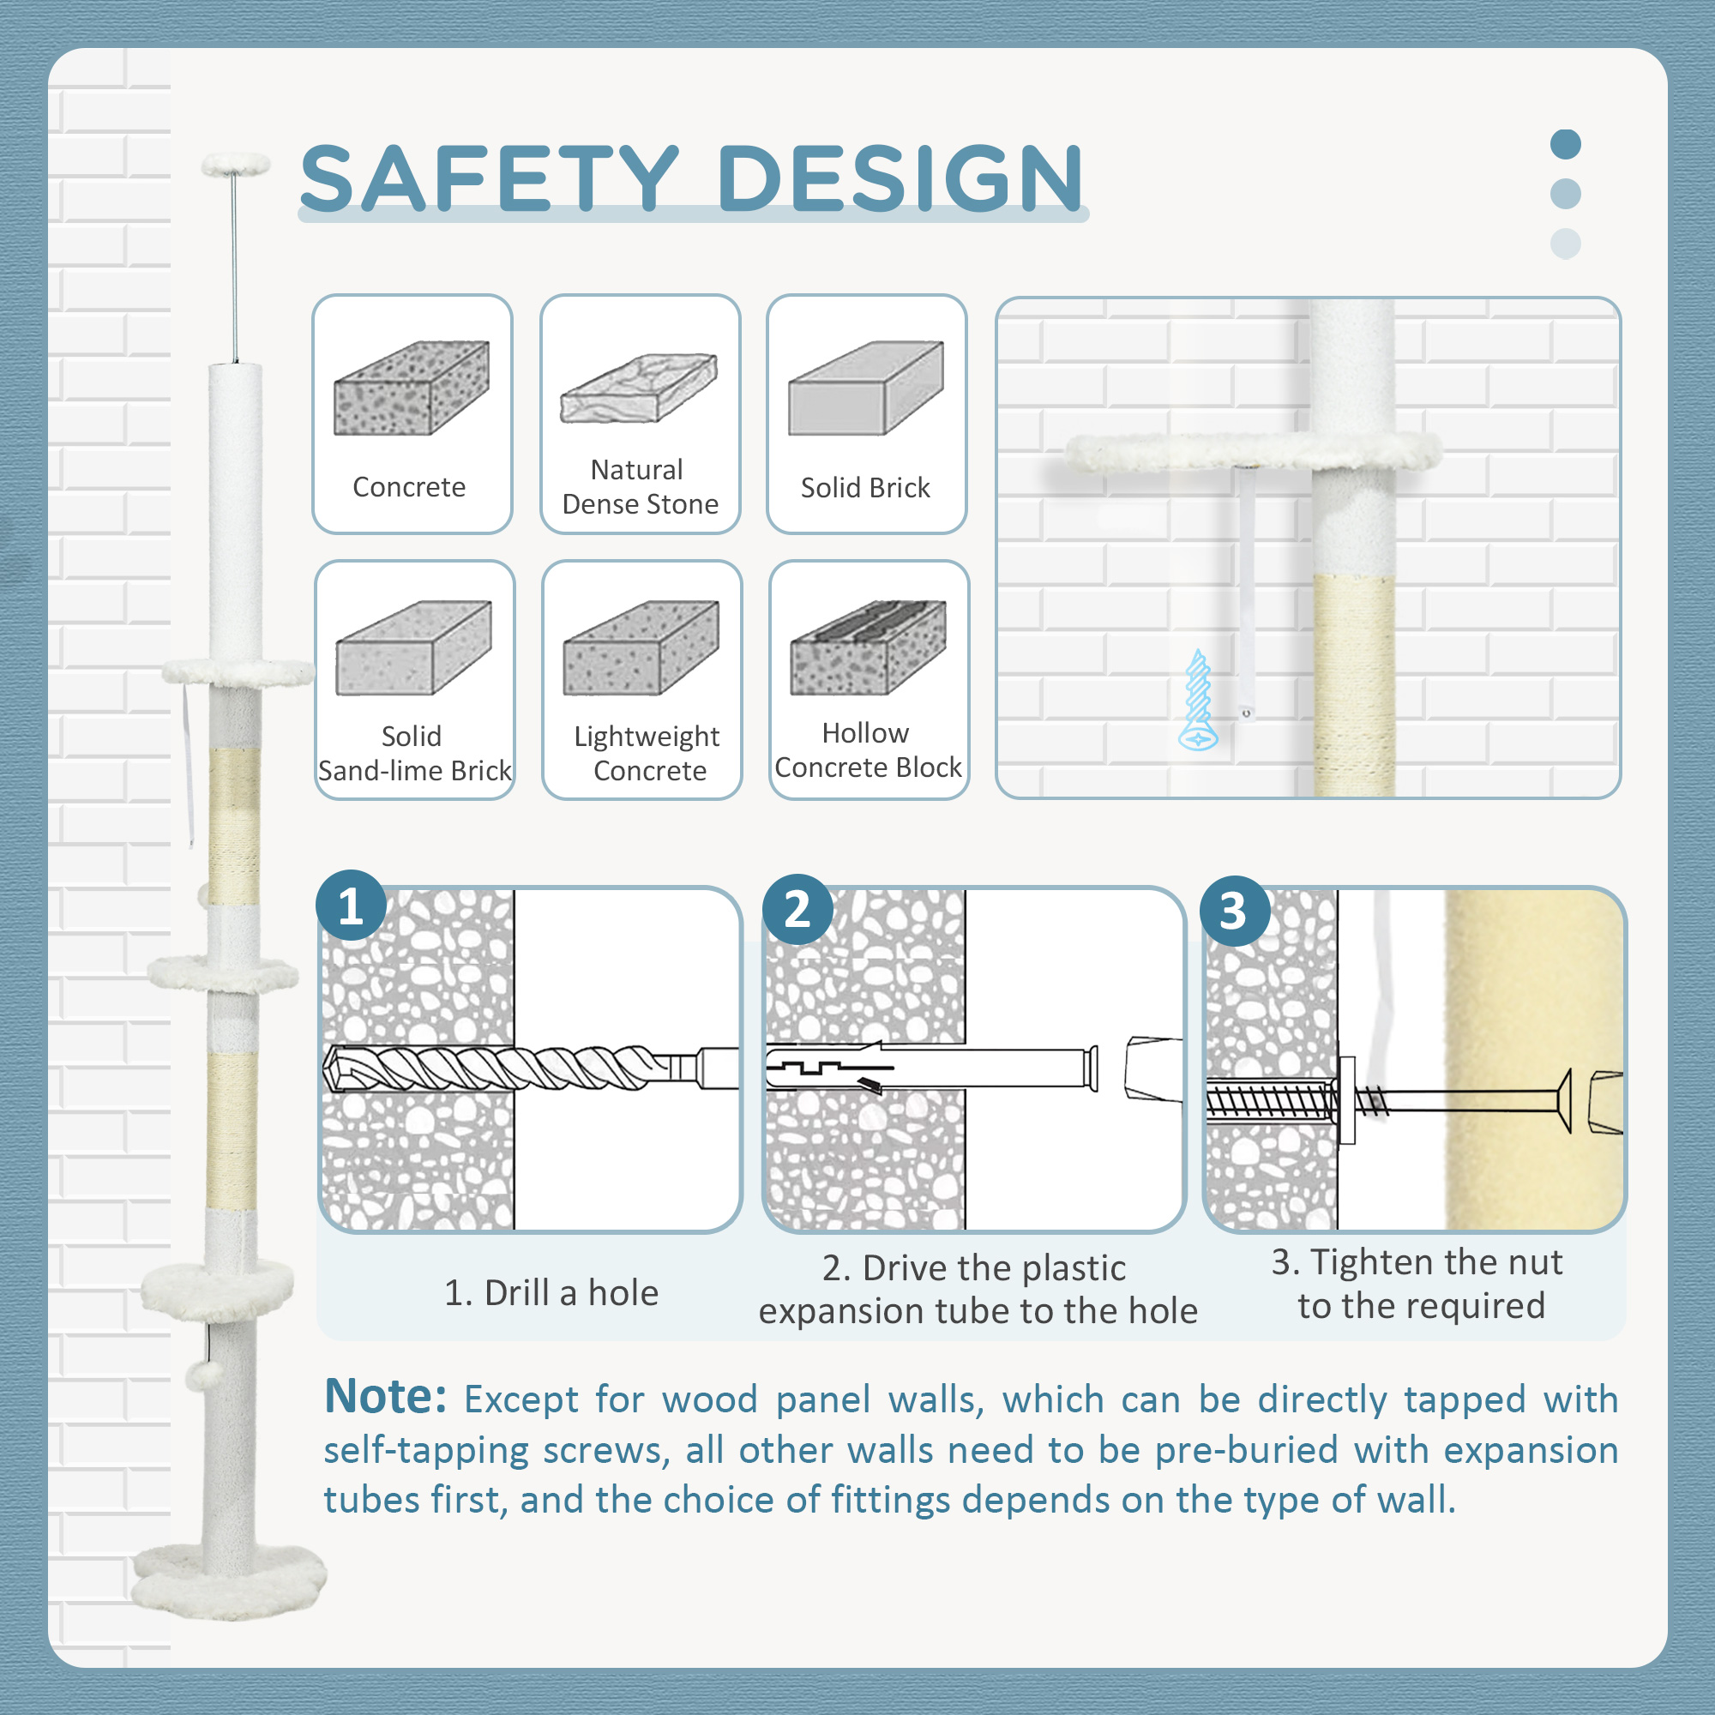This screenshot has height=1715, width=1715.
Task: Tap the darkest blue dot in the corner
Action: coord(1565,144)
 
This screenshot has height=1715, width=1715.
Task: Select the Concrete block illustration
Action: coord(411,388)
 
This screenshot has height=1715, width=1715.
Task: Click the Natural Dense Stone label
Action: coord(639,486)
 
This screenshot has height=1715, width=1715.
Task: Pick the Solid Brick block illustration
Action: coord(865,388)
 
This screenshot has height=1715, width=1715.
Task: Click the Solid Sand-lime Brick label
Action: coord(413,753)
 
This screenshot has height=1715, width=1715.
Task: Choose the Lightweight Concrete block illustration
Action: coord(641,648)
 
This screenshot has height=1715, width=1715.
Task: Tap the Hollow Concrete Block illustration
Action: coord(868,648)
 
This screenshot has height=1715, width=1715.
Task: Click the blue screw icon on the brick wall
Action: coord(1199,701)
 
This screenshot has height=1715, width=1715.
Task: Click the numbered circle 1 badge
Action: coord(351,906)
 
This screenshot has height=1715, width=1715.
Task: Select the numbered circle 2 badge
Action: coord(797,909)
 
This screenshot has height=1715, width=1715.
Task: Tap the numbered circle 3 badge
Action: coord(1234,911)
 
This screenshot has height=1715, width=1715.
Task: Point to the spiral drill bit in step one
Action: coord(497,1067)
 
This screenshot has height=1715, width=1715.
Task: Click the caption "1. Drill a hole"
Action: coord(551,1292)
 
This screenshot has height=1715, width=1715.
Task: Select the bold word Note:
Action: coord(384,1397)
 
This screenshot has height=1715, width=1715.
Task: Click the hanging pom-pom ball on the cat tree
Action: coord(202,1377)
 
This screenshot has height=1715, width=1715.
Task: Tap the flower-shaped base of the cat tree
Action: coord(229,1585)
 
